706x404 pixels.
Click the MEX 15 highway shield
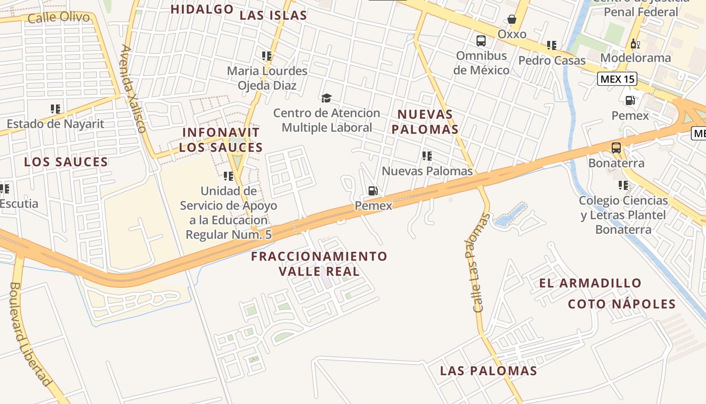pos(617,79)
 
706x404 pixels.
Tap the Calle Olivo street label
pos(59,18)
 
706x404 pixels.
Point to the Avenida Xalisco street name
pos(133,88)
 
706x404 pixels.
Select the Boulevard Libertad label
pos(30,334)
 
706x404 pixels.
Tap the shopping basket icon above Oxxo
pos(512,20)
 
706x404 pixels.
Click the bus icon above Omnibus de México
pos(481,41)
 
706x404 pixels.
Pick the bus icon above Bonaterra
pos(616,148)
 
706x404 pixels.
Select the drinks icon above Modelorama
pos(635,44)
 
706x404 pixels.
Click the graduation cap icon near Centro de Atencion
pos(327,98)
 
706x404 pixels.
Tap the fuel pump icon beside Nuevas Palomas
pos(373,191)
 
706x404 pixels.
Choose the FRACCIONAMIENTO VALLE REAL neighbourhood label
pos(319,264)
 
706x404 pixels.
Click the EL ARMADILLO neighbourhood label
pos(590,283)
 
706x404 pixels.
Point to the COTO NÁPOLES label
pos(621,304)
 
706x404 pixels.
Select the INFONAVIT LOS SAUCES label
pos(221,140)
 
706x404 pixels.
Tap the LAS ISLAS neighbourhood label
pos(273,16)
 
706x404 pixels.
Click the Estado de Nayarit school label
pos(55,124)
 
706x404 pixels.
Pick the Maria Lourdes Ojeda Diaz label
pos(267,78)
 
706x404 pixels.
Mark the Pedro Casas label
pos(552,61)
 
